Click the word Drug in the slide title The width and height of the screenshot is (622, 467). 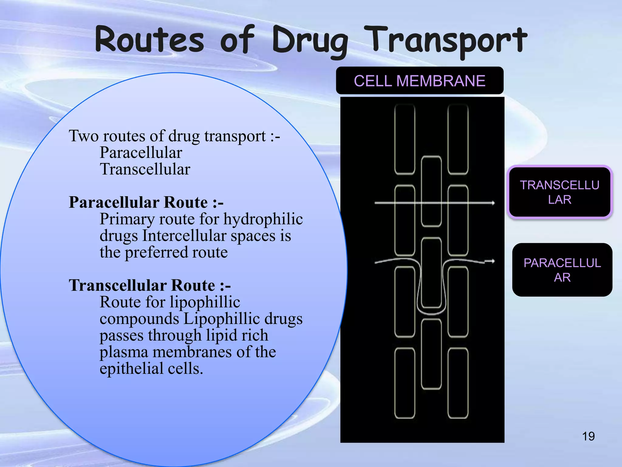(x=310, y=41)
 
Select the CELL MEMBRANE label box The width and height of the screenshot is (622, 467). (x=419, y=81)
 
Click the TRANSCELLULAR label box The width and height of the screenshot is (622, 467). (x=559, y=192)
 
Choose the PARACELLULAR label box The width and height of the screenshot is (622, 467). (x=562, y=270)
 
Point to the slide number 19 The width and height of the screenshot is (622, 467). (x=588, y=436)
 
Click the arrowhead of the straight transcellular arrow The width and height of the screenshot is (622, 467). (x=492, y=203)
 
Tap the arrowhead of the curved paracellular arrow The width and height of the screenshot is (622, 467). (x=492, y=261)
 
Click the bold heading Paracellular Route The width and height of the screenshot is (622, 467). (x=146, y=202)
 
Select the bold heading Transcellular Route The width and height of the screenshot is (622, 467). (x=150, y=285)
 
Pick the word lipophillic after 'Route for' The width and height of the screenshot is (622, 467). (x=205, y=302)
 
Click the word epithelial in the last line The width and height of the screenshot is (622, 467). (x=132, y=369)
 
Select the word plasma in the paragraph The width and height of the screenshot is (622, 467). (x=124, y=352)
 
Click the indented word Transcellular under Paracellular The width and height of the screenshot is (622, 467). (x=145, y=169)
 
